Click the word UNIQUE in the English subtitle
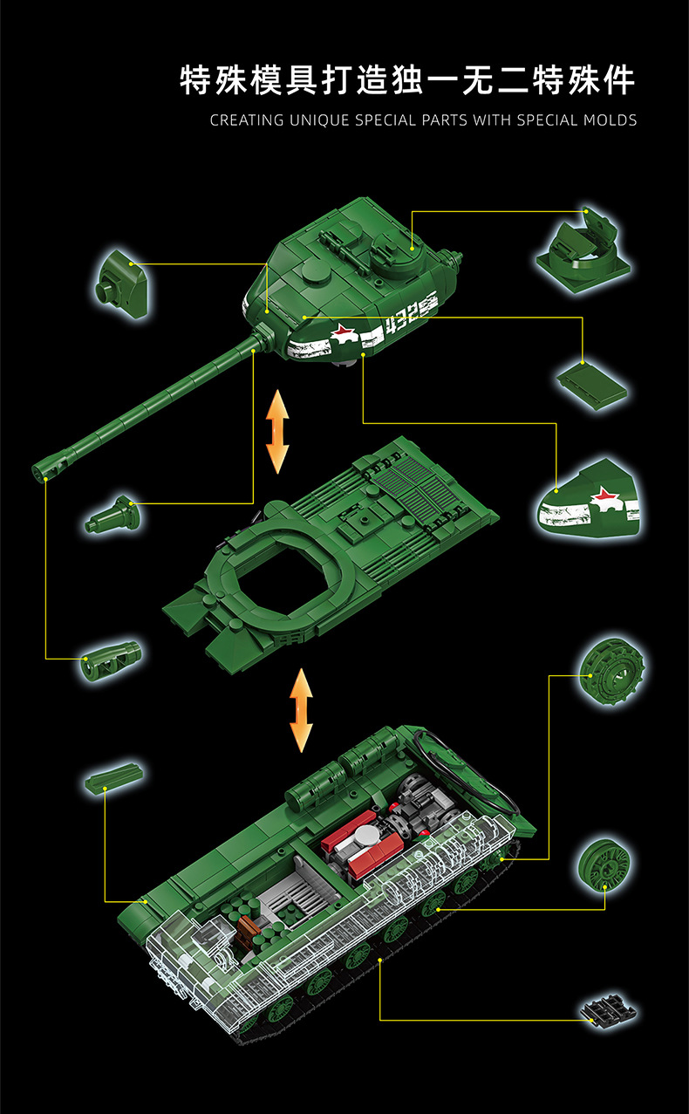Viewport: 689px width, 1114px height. [x=317, y=120]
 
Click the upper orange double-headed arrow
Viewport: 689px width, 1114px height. [x=277, y=431]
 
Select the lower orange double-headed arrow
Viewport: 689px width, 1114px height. [x=301, y=710]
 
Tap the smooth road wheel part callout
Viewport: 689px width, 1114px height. [x=604, y=863]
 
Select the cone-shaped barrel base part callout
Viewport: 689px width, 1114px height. [x=113, y=514]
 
